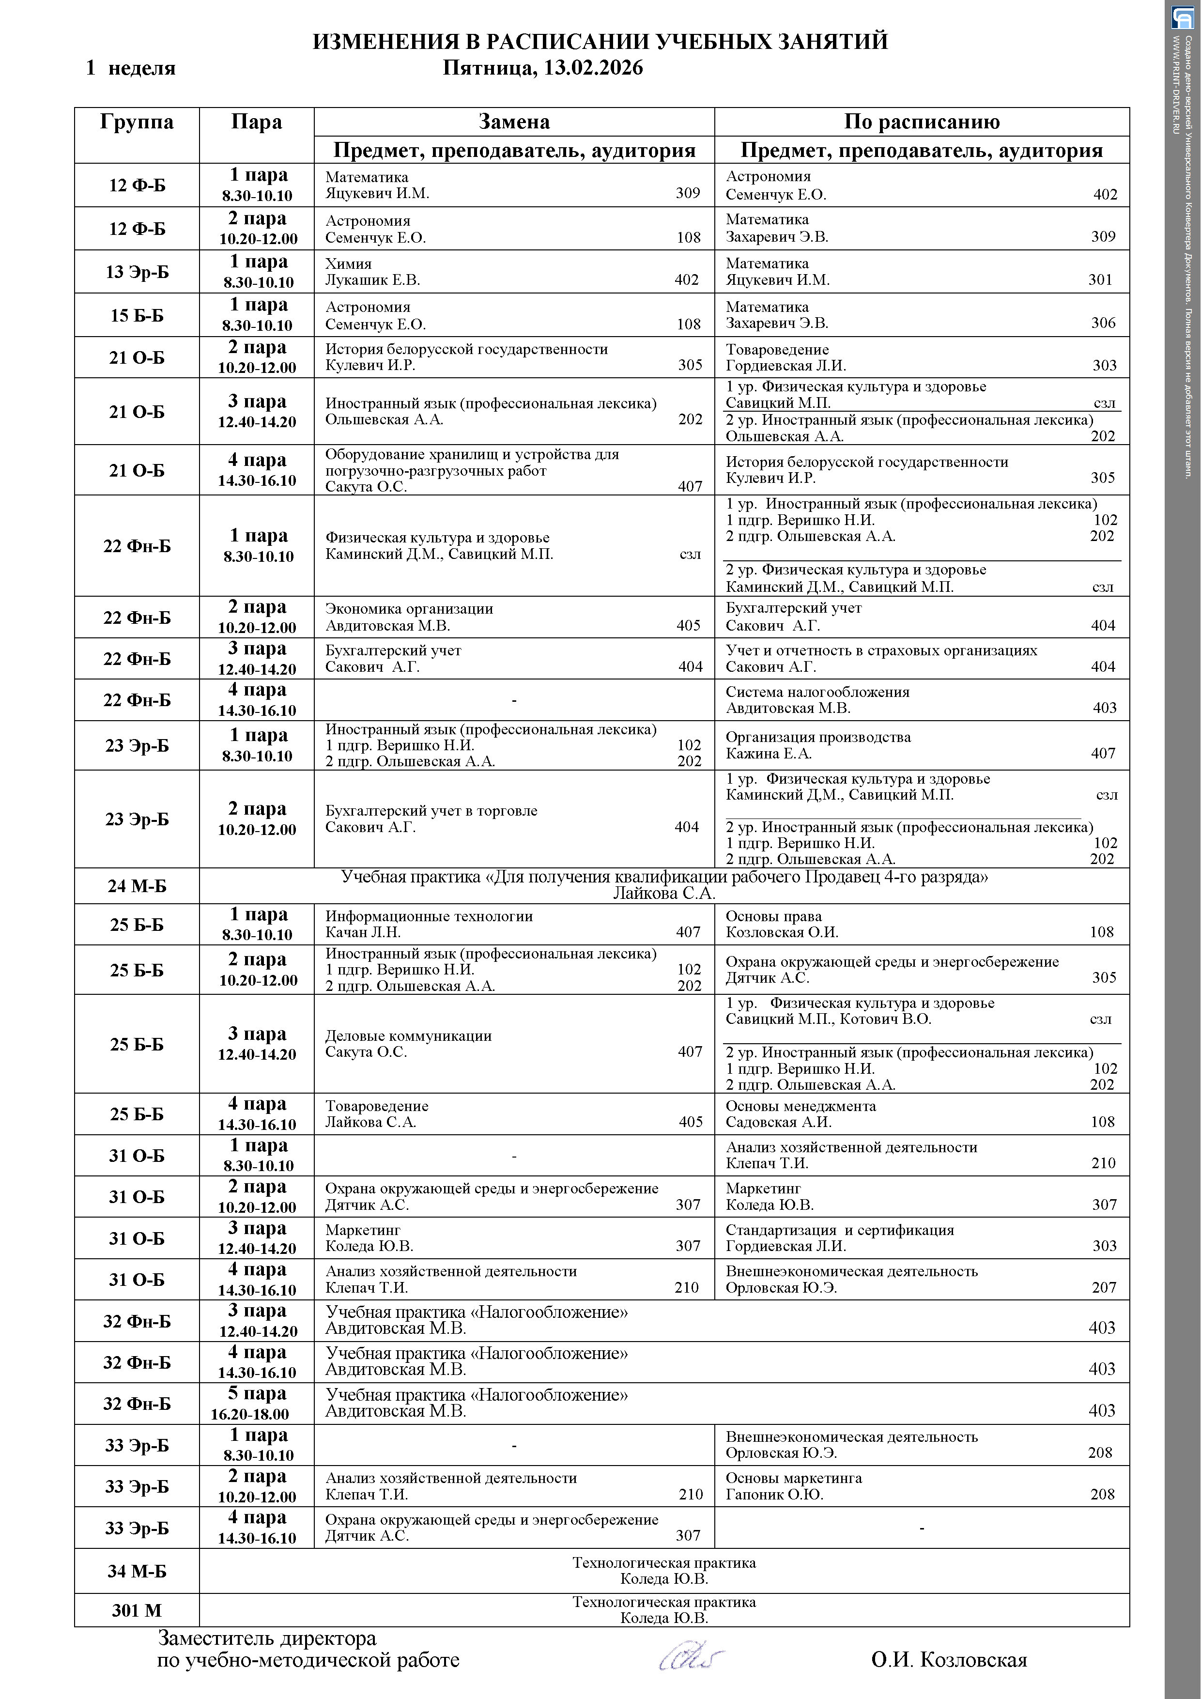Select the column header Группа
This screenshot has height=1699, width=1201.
137,122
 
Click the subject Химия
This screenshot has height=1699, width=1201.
349,263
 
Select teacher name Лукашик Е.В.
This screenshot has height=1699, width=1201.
372,280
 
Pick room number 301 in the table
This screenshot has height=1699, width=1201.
1100,280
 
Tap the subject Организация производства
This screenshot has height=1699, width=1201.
817,737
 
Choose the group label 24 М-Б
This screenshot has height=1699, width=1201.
137,886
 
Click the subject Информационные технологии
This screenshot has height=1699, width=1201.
429,916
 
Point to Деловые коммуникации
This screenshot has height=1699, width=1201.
408,1036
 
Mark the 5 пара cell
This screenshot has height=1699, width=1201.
257,1394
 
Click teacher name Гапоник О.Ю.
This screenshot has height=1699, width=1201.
774,1495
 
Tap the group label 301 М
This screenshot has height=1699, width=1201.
137,1610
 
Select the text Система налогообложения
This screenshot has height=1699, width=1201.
817,692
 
